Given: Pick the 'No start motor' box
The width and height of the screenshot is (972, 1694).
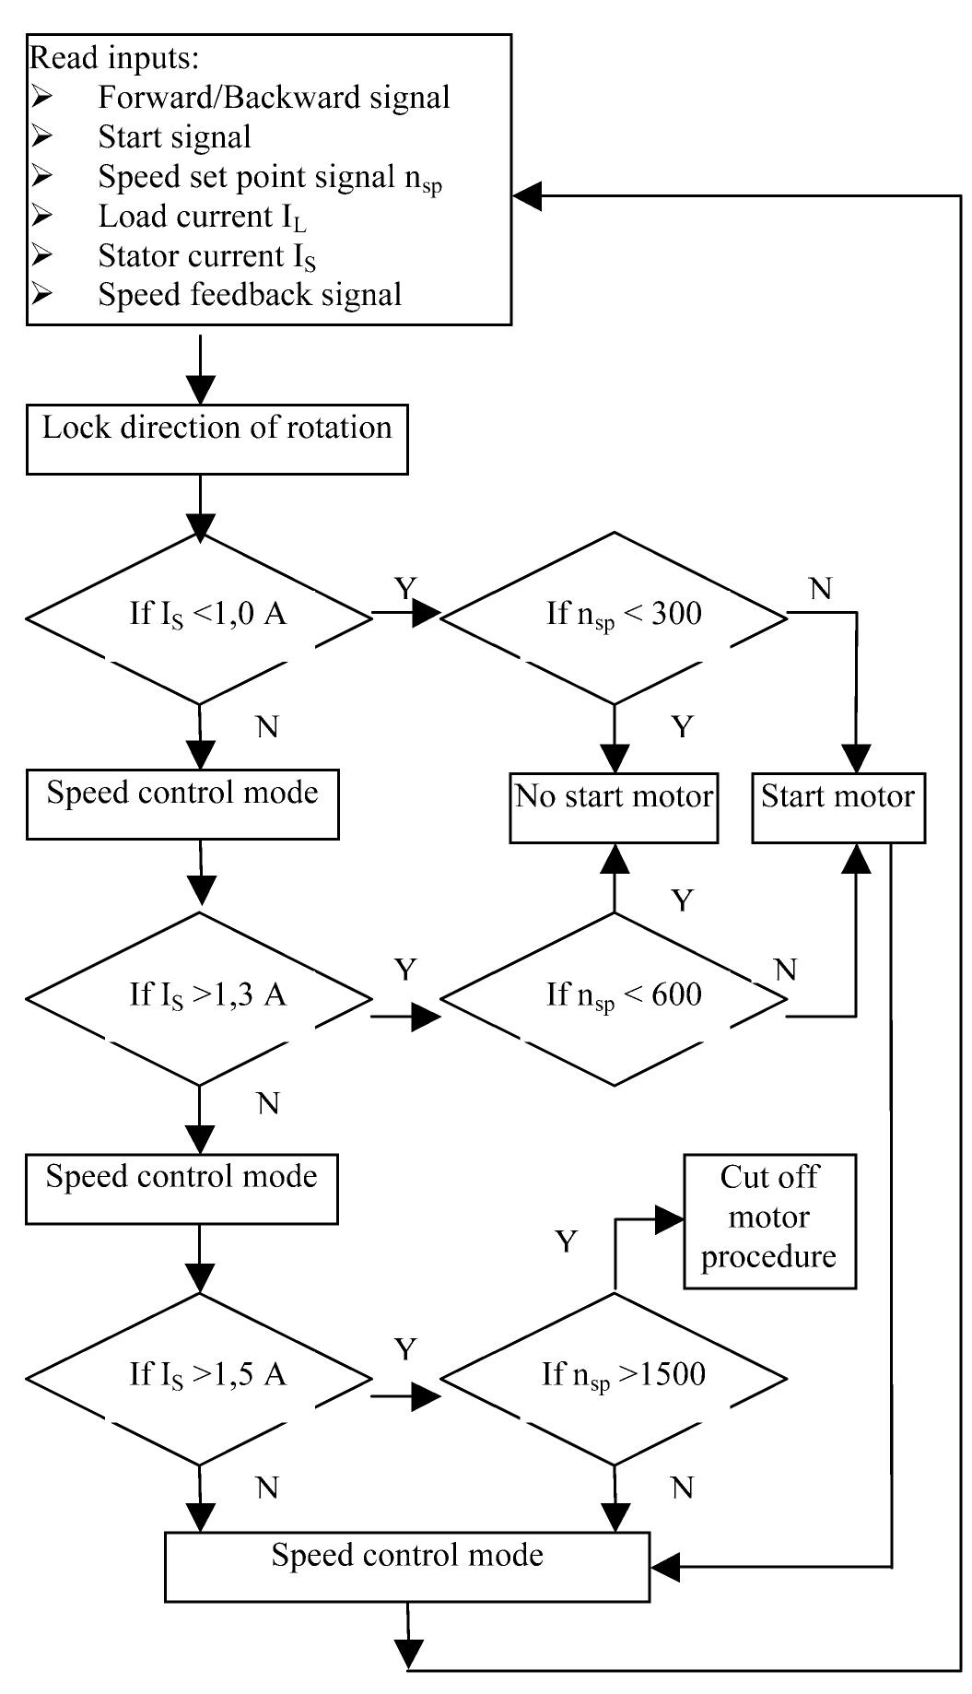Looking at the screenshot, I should [x=614, y=808].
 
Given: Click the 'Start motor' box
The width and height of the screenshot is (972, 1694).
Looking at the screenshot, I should [x=837, y=808].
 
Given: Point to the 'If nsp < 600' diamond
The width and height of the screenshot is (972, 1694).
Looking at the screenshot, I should [x=615, y=997].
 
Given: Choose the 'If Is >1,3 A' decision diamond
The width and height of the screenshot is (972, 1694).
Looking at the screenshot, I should [x=199, y=997].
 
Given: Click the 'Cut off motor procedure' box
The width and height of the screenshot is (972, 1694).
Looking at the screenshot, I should [x=769, y=1220].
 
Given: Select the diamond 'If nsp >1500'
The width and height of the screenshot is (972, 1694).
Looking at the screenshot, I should [x=615, y=1377].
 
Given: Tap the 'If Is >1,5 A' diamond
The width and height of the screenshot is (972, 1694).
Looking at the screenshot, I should [x=199, y=1377].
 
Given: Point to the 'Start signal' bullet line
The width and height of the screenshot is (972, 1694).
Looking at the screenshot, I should [x=174, y=137].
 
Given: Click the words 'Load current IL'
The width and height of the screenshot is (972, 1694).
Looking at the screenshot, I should [x=202, y=218].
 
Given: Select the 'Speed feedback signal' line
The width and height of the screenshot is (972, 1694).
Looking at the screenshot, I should [x=250, y=295].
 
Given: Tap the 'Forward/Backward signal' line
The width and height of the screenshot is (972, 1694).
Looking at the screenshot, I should [x=274, y=98].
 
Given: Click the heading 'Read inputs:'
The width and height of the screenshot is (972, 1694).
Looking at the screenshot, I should [x=114, y=58].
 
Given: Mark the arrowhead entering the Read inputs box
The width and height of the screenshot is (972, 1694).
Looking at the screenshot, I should [x=528, y=196].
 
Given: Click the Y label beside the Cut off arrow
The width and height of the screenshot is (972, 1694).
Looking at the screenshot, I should [x=566, y=1241].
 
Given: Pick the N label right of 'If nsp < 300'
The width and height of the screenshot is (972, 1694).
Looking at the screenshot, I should [x=820, y=588].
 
